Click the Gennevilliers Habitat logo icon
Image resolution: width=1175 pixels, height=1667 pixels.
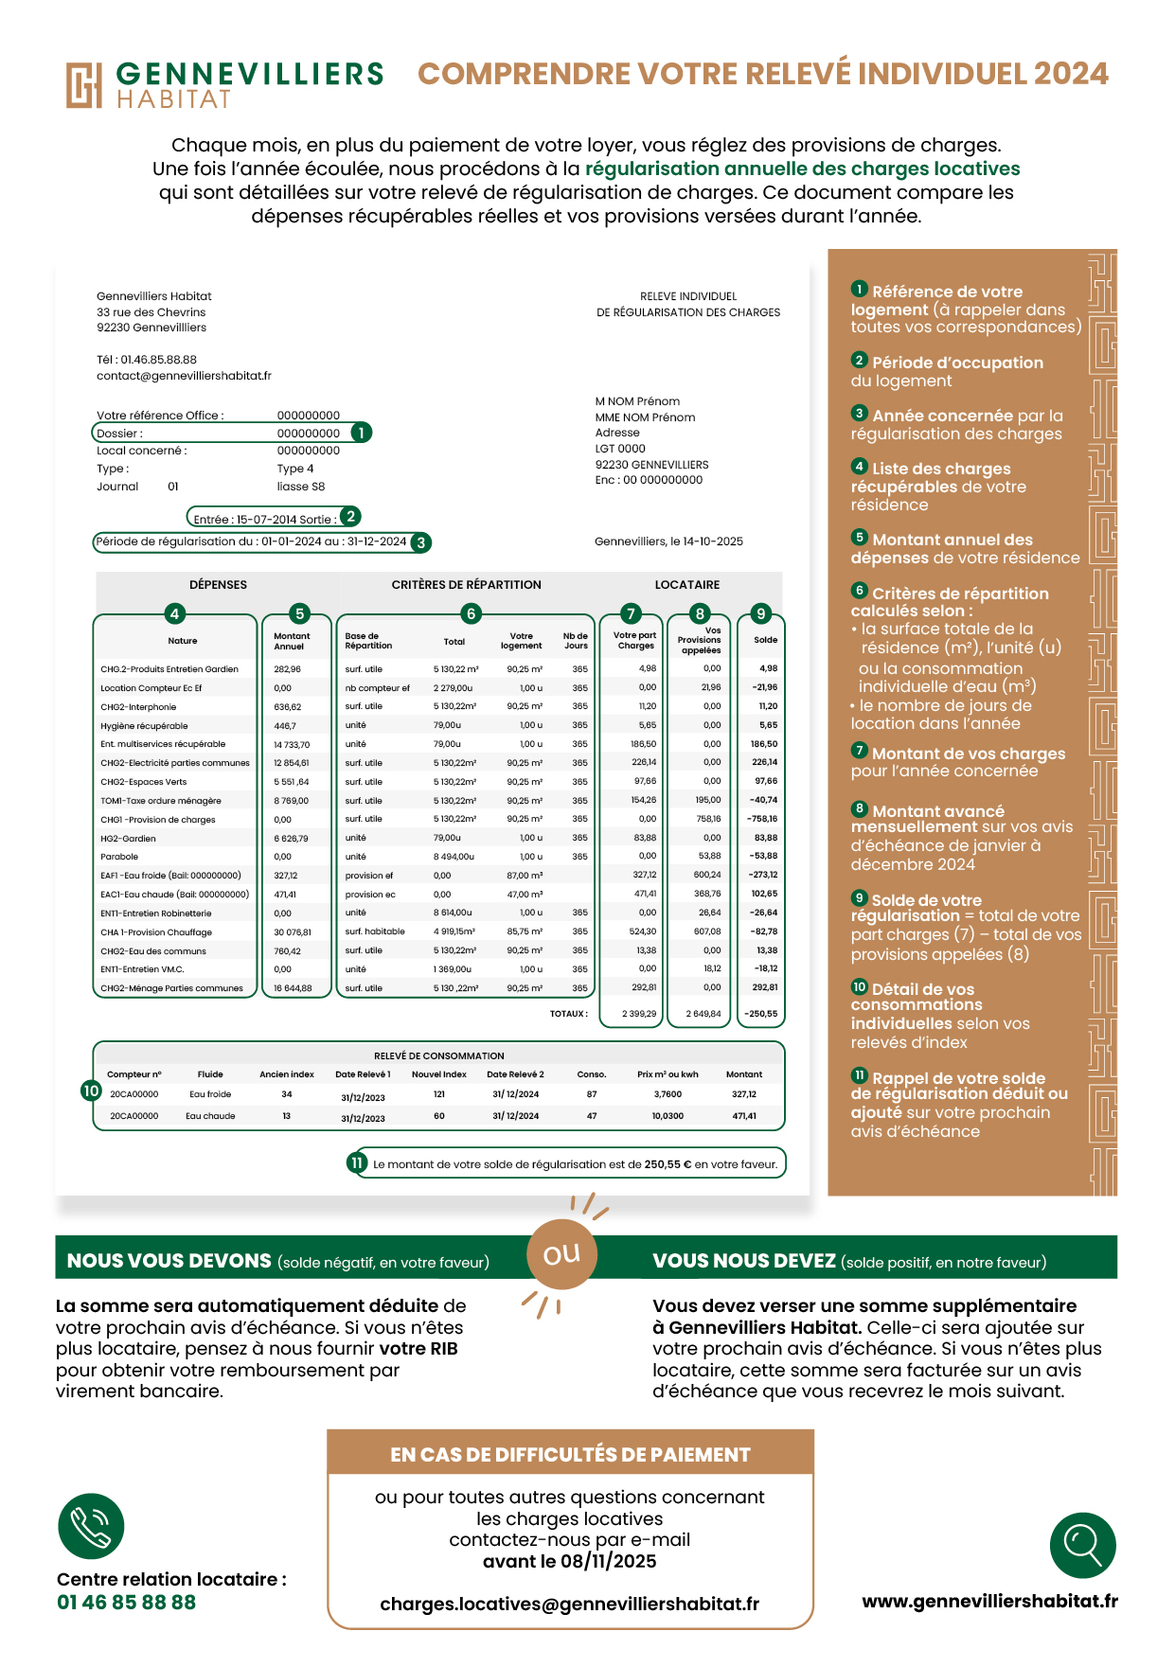(83, 85)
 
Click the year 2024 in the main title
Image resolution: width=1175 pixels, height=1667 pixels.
(1071, 74)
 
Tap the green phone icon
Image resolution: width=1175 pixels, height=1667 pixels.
(91, 1526)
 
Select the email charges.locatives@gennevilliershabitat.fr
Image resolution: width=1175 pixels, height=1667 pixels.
(569, 1604)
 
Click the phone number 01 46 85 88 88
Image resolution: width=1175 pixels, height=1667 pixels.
(126, 1603)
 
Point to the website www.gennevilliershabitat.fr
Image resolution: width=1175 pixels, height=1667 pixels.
(989, 1601)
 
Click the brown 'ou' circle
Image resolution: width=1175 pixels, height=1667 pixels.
(561, 1254)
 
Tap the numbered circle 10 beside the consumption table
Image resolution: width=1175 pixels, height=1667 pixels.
(91, 1091)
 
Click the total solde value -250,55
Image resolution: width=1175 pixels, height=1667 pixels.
(760, 1014)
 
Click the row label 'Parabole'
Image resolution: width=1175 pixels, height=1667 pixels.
(119, 857)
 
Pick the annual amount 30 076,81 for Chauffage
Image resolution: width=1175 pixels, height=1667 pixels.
(293, 932)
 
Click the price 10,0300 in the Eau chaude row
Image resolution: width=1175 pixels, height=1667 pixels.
(668, 1116)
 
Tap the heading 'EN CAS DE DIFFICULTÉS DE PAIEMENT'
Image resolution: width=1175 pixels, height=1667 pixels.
(570, 1455)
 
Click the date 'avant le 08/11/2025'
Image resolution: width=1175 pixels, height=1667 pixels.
(569, 1561)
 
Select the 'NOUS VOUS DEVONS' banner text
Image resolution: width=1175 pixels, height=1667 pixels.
(169, 1261)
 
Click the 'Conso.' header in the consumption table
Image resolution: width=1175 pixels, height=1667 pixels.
(592, 1074)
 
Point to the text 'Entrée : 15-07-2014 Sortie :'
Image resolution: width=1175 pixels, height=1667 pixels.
(264, 519)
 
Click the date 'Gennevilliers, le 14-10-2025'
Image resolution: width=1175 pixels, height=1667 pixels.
(668, 541)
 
